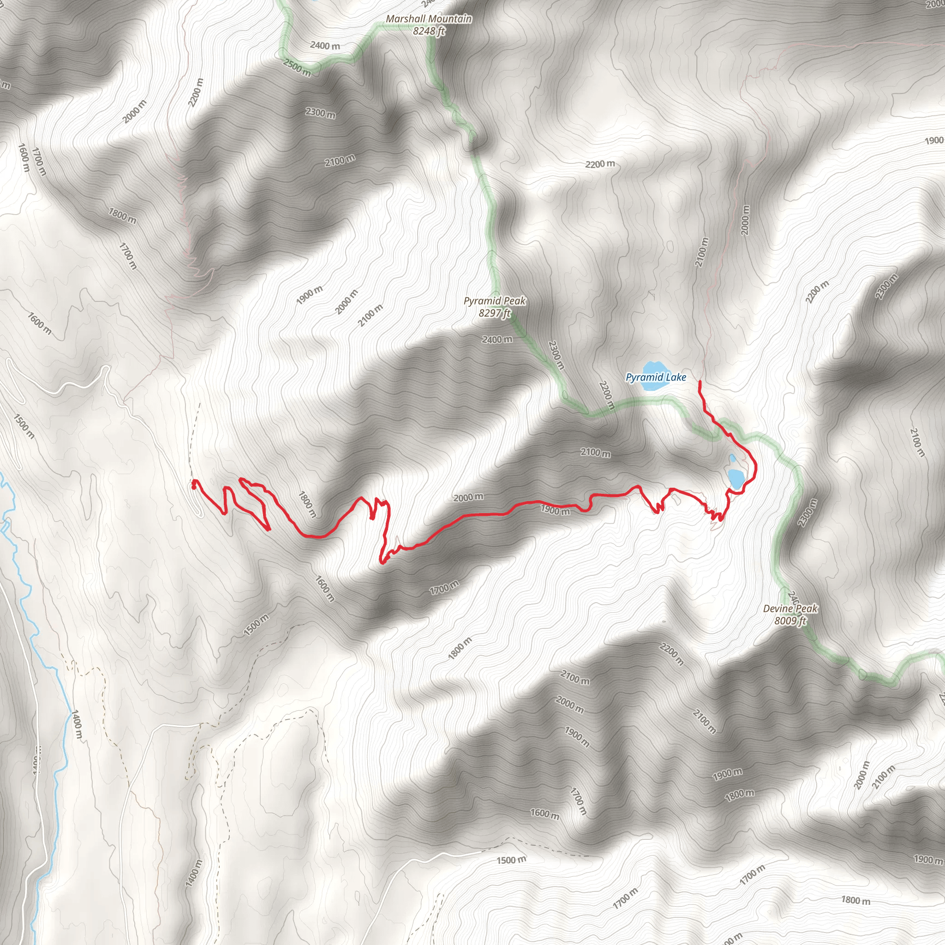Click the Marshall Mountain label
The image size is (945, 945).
(x=429, y=19)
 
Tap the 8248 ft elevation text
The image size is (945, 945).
(x=429, y=31)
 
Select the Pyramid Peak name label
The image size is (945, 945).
(x=495, y=301)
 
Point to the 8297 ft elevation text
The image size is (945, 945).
(x=495, y=313)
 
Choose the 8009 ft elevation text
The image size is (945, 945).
(x=790, y=621)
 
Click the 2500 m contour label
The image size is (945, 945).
(x=297, y=68)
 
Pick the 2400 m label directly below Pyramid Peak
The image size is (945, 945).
(x=497, y=339)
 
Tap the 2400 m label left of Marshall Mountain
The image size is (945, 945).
(x=325, y=46)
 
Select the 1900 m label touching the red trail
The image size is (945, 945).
(x=555, y=510)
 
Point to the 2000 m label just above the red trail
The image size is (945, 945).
(x=468, y=497)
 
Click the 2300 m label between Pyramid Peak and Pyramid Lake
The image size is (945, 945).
(x=556, y=355)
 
